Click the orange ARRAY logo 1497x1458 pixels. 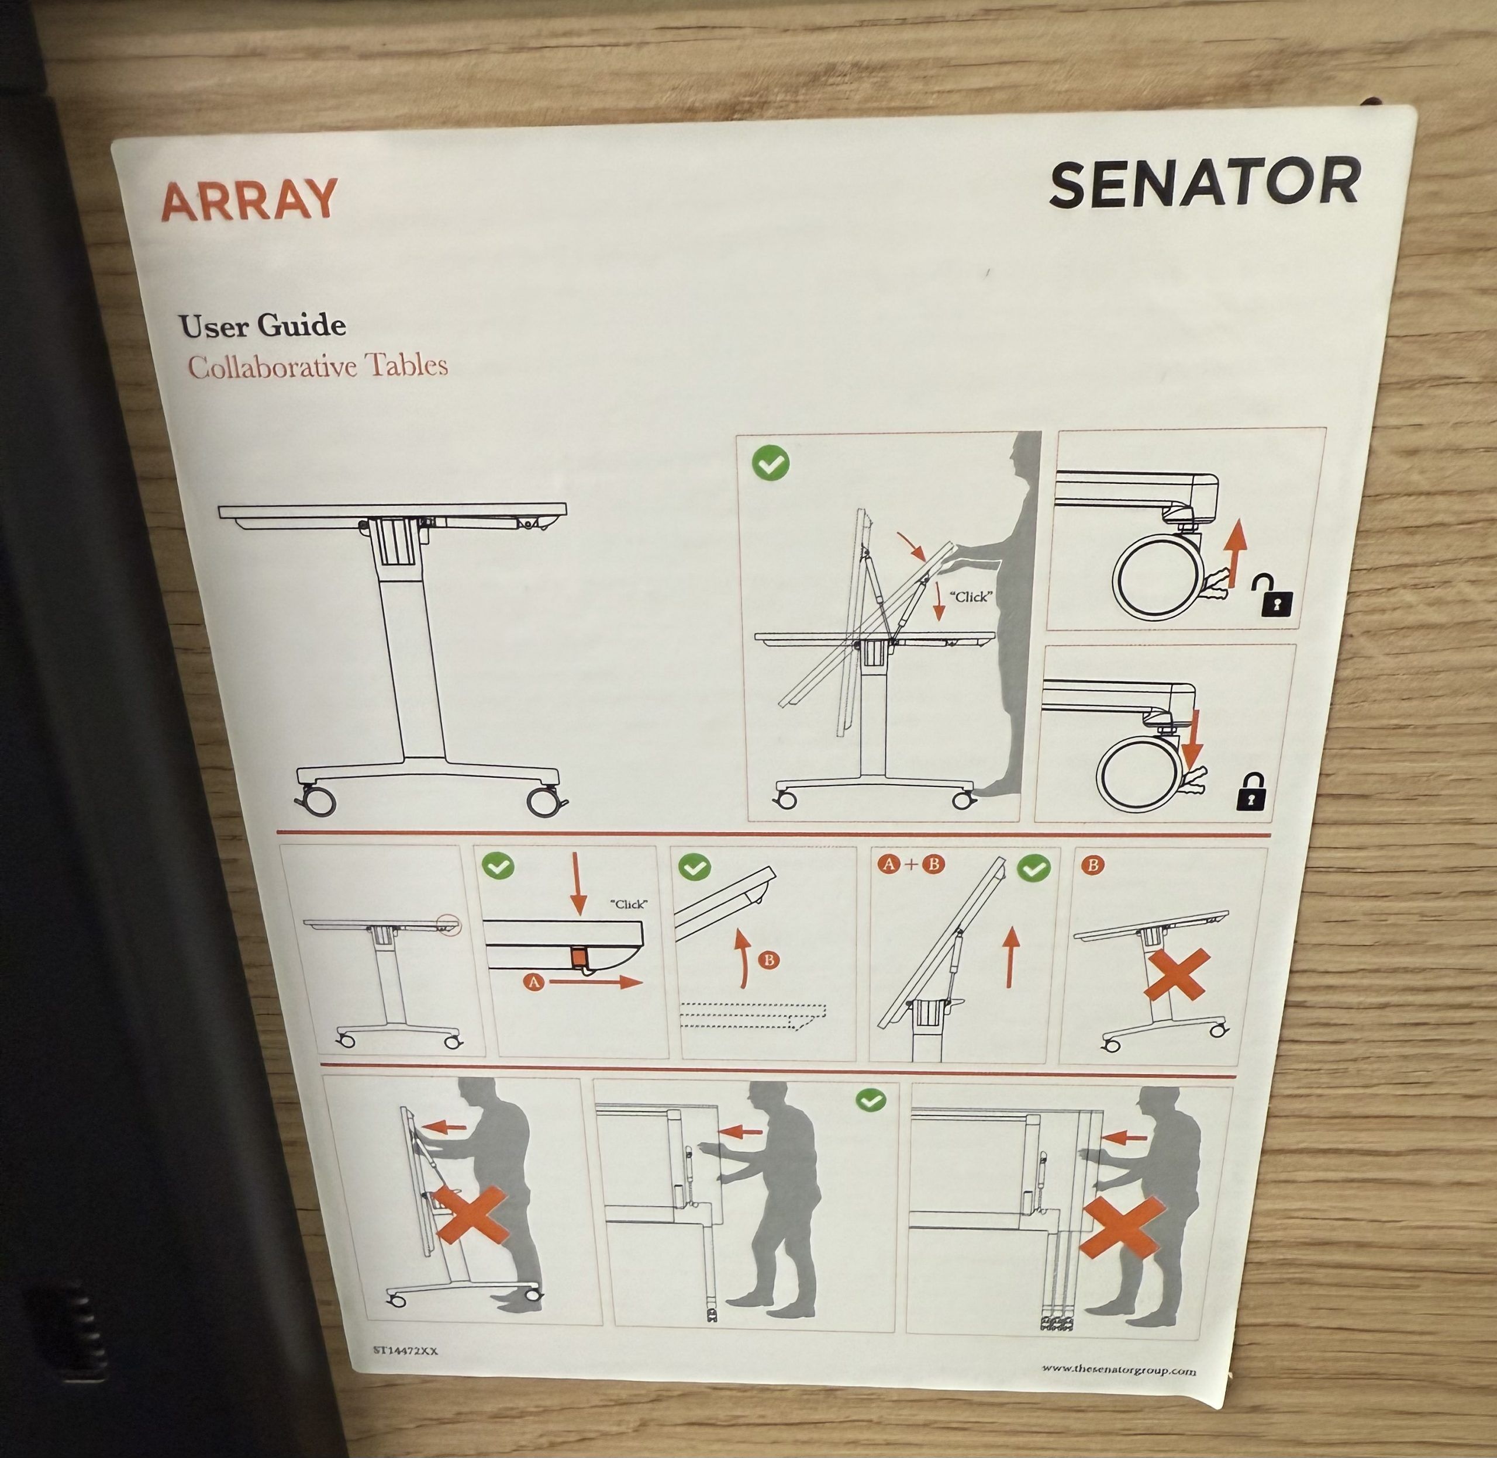tap(249, 200)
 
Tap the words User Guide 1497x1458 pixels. tap(262, 326)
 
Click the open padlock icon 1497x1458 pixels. tap(1272, 598)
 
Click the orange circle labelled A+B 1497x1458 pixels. tap(912, 864)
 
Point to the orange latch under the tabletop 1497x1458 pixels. tap(578, 957)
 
